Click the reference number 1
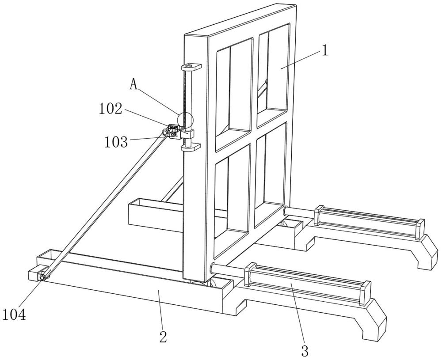point(325,51)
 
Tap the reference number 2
point(163,337)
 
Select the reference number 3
point(305,351)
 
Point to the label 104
point(14,315)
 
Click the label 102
point(110,109)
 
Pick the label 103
point(116,142)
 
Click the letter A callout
point(134,84)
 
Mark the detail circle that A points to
point(185,120)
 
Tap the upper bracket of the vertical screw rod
point(191,67)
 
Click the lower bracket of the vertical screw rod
point(191,148)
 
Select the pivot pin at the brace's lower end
point(43,277)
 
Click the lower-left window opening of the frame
point(232,201)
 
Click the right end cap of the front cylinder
point(366,293)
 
